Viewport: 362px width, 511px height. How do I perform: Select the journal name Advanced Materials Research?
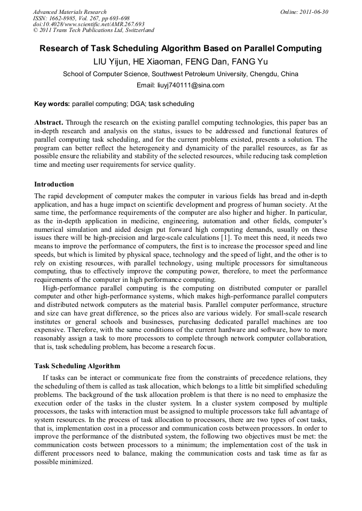(x=70, y=12)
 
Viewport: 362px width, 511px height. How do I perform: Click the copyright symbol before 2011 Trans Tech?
(x=35, y=30)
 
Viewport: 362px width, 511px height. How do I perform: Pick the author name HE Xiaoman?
(x=160, y=62)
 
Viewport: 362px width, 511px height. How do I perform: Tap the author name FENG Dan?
(x=210, y=62)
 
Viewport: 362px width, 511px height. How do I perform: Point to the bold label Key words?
(x=52, y=104)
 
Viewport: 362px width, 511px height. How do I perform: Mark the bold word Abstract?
(x=49, y=122)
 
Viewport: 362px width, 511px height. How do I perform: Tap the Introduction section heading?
(x=54, y=184)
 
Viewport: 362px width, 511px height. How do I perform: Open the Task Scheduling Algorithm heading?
(x=77, y=366)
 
